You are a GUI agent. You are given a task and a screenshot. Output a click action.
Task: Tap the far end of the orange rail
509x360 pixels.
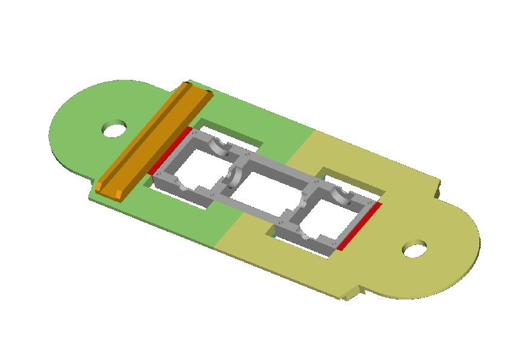coord(199,91)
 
